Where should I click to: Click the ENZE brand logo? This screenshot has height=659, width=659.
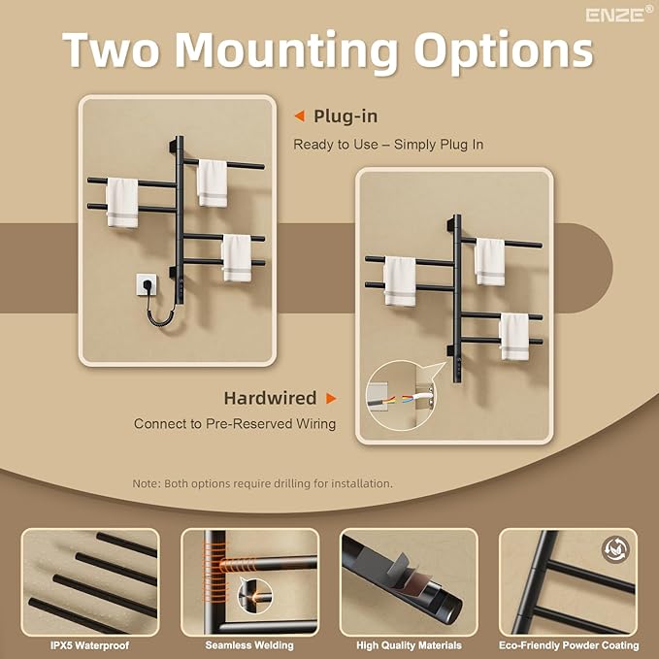pos(619,15)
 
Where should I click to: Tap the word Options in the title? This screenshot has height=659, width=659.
pos(504,51)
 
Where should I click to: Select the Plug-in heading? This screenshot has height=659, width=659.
pos(346,116)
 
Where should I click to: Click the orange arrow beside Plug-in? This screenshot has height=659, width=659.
pos(299,116)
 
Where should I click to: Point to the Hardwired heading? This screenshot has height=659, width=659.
pos(270,398)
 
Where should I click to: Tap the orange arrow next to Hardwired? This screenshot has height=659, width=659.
pos(331,398)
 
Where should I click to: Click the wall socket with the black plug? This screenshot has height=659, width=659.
pos(147,284)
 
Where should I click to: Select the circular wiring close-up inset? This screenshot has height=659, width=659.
pos(400,395)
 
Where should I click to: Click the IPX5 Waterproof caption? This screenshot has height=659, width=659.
pos(89,645)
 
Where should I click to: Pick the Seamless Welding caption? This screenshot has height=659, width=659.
pos(249,645)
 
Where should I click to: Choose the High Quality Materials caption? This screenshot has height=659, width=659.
pos(409,645)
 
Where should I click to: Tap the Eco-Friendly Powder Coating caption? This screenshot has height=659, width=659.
pos(569,645)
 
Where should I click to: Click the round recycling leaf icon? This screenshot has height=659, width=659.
pos(615,549)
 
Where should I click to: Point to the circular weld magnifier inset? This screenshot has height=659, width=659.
pos(255,596)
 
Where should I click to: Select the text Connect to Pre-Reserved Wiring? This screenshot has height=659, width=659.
pos(235,423)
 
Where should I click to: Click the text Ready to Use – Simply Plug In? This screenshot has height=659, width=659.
pos(388,145)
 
